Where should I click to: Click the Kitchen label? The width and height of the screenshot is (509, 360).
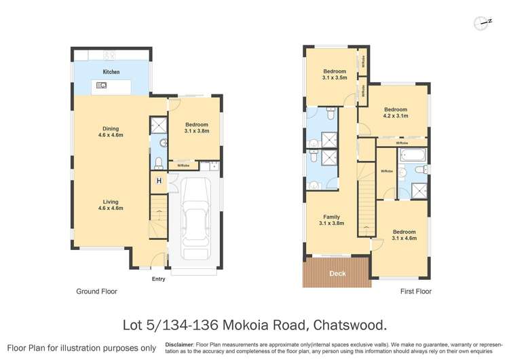click(x=111, y=71)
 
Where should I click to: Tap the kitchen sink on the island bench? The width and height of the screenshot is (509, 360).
click(x=101, y=86)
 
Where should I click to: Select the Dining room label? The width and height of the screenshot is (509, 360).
click(x=112, y=130)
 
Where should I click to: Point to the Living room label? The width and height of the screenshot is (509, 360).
click(x=112, y=204)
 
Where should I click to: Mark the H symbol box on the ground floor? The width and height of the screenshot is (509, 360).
click(x=159, y=181)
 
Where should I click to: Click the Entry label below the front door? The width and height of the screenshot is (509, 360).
click(x=158, y=278)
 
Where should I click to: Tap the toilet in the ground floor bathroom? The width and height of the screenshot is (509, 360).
click(x=159, y=162)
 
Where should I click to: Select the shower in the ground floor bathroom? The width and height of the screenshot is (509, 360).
click(x=159, y=125)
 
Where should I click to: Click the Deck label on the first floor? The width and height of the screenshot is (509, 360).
click(x=337, y=274)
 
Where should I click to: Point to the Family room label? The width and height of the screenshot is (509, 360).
click(x=332, y=219)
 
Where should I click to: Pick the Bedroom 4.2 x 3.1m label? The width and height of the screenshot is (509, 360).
click(x=395, y=113)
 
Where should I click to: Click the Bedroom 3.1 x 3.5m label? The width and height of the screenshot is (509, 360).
click(x=335, y=75)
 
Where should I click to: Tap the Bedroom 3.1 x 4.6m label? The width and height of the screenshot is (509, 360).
click(x=404, y=235)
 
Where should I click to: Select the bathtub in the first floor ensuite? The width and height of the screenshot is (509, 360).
click(x=413, y=155)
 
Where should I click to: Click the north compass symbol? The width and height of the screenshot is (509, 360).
click(x=484, y=22)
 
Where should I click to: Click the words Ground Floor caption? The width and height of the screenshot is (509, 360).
click(x=96, y=291)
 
